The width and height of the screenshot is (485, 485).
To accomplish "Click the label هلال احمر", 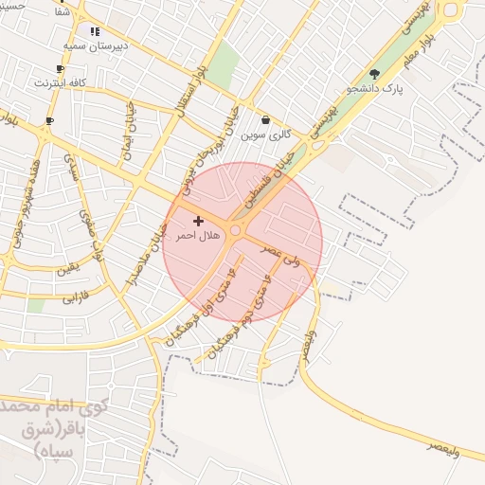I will tap(198, 235).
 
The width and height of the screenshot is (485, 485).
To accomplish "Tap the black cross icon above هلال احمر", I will tap(198, 221).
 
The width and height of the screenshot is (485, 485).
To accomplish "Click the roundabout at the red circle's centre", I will tap(236, 229).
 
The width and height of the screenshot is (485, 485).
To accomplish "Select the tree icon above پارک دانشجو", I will tap(374, 74).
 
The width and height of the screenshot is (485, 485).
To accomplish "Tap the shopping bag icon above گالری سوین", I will tap(265, 120).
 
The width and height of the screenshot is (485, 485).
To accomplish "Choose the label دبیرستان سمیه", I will tap(95, 45).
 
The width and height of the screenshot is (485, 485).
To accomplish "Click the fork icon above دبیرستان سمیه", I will tap(94, 31).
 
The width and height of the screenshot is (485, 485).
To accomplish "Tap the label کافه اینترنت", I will tap(61, 82).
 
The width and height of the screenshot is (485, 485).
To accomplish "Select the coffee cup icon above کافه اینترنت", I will tap(61, 69).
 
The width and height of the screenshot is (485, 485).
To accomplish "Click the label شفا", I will tap(62, 12).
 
